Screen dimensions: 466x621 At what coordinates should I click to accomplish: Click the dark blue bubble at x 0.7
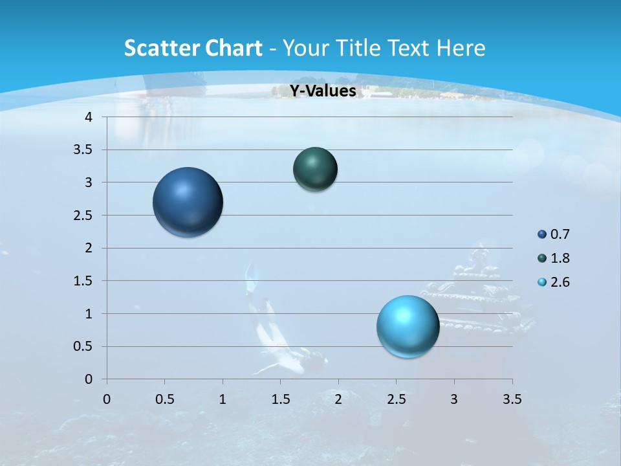click(188, 202)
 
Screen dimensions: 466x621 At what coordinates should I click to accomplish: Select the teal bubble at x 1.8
click(315, 169)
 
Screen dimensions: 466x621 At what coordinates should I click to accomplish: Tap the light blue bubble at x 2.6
click(408, 326)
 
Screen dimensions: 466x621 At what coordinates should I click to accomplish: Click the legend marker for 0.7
click(542, 234)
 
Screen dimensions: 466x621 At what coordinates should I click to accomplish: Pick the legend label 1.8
click(560, 258)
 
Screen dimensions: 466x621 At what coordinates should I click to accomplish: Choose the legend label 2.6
click(560, 282)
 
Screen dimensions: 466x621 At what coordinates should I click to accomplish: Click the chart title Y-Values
click(323, 91)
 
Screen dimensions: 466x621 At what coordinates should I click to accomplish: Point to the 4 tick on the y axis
click(89, 117)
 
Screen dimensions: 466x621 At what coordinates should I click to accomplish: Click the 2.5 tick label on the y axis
click(84, 216)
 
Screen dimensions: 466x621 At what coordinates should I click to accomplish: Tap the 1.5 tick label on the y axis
click(84, 281)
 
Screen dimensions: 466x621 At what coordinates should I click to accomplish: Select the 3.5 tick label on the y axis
click(84, 150)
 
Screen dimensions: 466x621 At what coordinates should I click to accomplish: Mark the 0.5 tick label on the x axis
click(164, 399)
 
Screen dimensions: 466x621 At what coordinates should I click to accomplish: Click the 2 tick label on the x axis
click(338, 399)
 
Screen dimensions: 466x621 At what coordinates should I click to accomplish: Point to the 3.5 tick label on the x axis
click(512, 399)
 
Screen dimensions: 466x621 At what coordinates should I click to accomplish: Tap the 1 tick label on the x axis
click(223, 399)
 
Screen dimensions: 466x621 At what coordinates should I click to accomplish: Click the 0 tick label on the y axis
click(89, 379)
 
